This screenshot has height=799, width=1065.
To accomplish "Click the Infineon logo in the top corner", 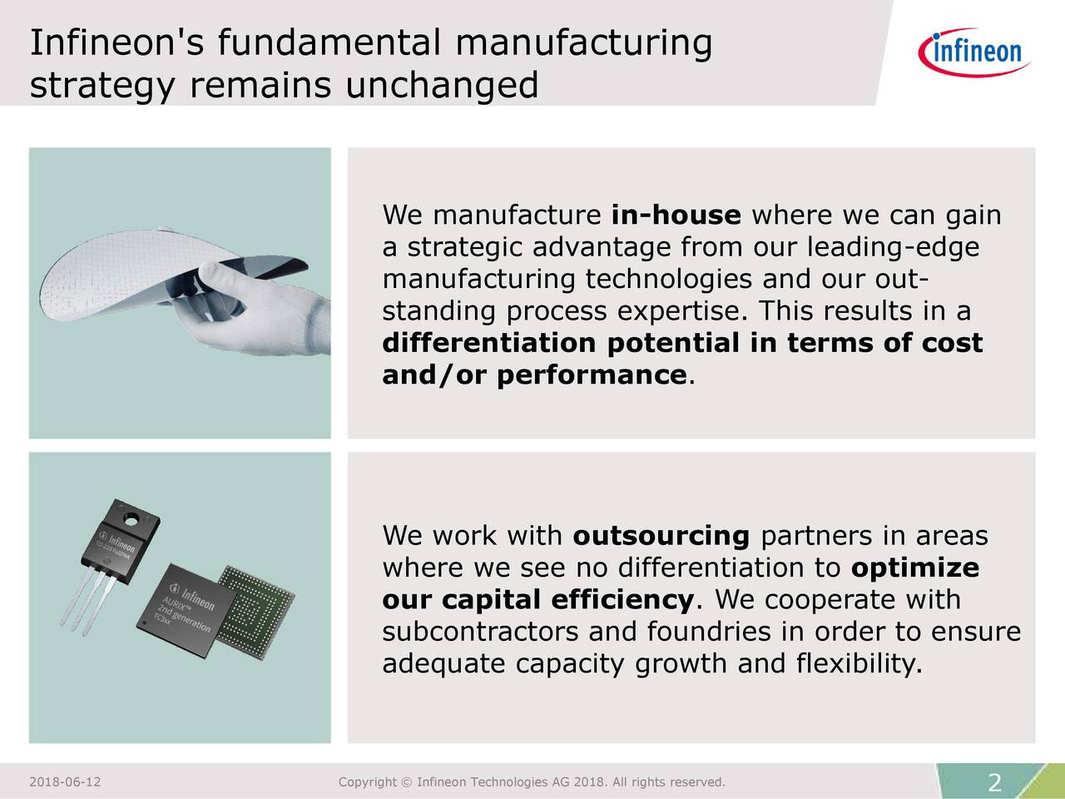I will coord(974,52).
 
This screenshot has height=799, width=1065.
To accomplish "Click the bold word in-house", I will coord(676,216).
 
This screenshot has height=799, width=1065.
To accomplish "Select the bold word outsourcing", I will coord(661,536).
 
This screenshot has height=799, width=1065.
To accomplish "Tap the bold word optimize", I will coord(915,568).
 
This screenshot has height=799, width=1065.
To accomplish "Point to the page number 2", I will coord(994,783).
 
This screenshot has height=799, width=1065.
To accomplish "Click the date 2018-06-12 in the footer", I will coord(65,782).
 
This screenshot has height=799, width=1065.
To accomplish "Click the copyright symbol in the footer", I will coord(407,782).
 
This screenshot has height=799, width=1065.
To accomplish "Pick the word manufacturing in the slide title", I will coord(583,42).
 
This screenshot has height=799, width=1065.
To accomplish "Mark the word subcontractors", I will coord(480,633).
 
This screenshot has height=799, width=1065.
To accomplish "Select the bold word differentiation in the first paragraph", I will coord(488,344).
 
